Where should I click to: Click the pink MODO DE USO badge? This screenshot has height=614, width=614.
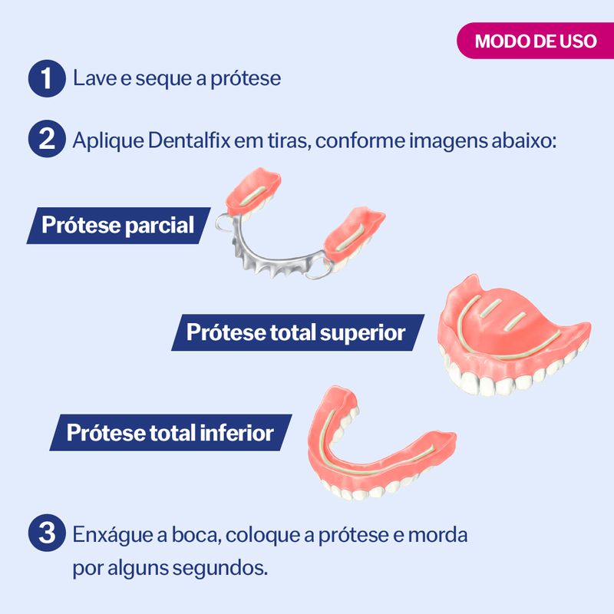535,41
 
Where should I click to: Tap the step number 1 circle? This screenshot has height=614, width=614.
47,78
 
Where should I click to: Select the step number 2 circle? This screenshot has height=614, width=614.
47,139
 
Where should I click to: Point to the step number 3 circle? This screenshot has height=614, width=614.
47,533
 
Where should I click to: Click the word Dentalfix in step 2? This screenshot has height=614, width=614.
189,140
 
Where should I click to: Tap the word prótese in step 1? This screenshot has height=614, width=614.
246,79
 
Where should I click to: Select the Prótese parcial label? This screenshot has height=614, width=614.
118,226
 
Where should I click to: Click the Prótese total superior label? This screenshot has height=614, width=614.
298,332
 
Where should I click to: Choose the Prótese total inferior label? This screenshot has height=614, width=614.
170,433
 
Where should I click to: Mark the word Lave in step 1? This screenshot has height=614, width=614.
94,78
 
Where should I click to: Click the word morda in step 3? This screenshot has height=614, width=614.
437,534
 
